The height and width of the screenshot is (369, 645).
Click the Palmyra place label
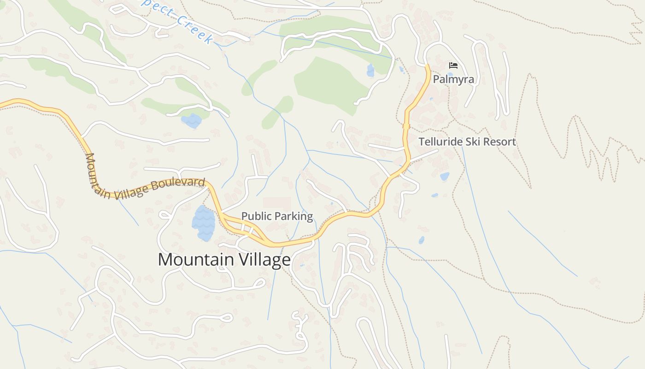pos(453,79)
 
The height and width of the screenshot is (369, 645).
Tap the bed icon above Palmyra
pos(453,65)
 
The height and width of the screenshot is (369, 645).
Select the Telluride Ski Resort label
pos(467,142)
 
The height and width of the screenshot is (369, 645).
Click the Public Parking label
pos(277,216)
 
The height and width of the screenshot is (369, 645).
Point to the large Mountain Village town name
pos(224,260)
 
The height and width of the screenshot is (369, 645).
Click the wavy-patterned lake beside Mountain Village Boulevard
pos(204,223)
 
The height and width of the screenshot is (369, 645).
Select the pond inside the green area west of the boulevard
pos(192,121)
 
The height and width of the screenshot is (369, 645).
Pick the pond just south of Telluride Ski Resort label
pos(445,176)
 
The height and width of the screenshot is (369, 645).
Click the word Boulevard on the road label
pos(178,184)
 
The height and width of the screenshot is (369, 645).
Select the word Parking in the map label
pos(295,216)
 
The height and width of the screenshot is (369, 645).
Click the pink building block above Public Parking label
pos(277,203)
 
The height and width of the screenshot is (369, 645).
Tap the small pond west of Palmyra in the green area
pos(370,71)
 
